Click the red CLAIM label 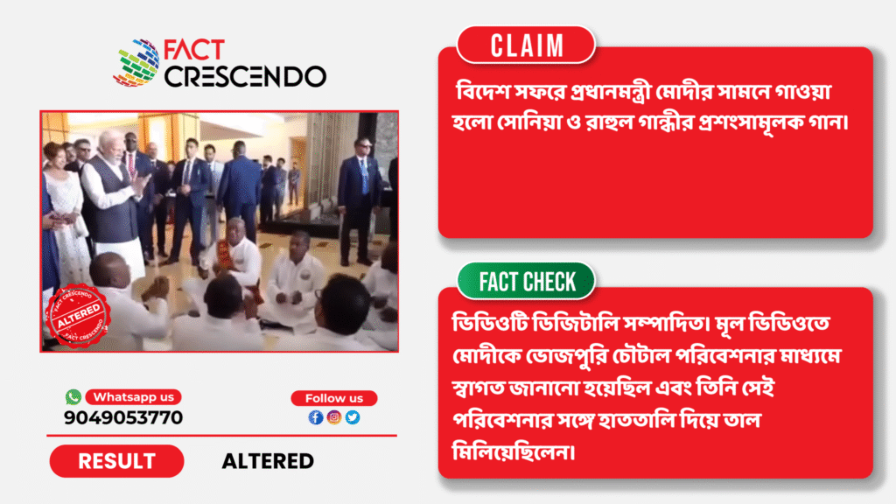(x=526, y=45)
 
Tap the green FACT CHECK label (x=526, y=281)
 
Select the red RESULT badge (x=116, y=461)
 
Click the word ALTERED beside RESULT (x=268, y=461)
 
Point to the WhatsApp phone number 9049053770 (x=123, y=417)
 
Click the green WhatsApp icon (x=73, y=396)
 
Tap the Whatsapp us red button (x=133, y=396)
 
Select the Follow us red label (x=333, y=398)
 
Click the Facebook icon (x=315, y=417)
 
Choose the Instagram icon (x=334, y=417)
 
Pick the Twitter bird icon (x=353, y=417)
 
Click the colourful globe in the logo (x=136, y=63)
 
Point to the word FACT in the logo (x=193, y=50)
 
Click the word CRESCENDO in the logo (x=245, y=77)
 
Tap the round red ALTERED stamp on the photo (x=78, y=316)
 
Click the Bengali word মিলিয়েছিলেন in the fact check (x=513, y=451)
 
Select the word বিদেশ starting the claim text (x=482, y=91)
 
